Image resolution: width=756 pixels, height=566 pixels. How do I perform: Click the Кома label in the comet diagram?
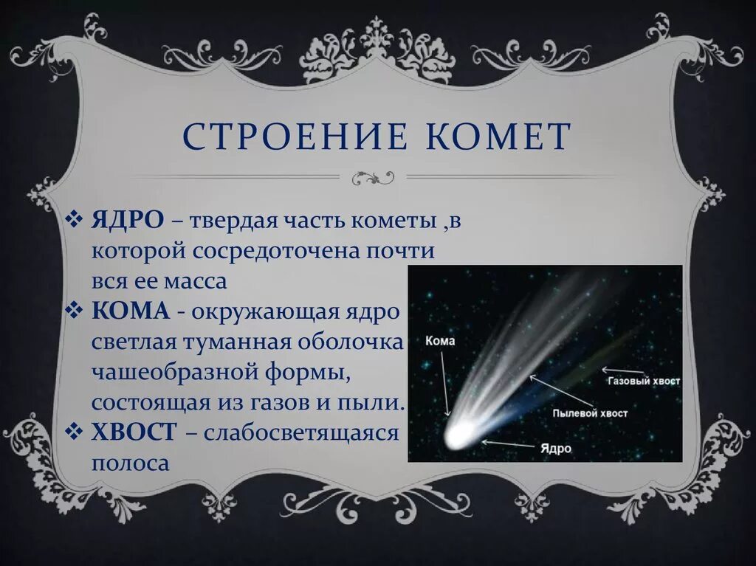click(441, 342)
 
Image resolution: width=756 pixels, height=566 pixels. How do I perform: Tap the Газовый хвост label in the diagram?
click(643, 382)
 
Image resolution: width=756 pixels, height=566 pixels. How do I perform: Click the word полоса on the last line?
click(131, 463)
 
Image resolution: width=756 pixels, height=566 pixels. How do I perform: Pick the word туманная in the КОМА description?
click(236, 342)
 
